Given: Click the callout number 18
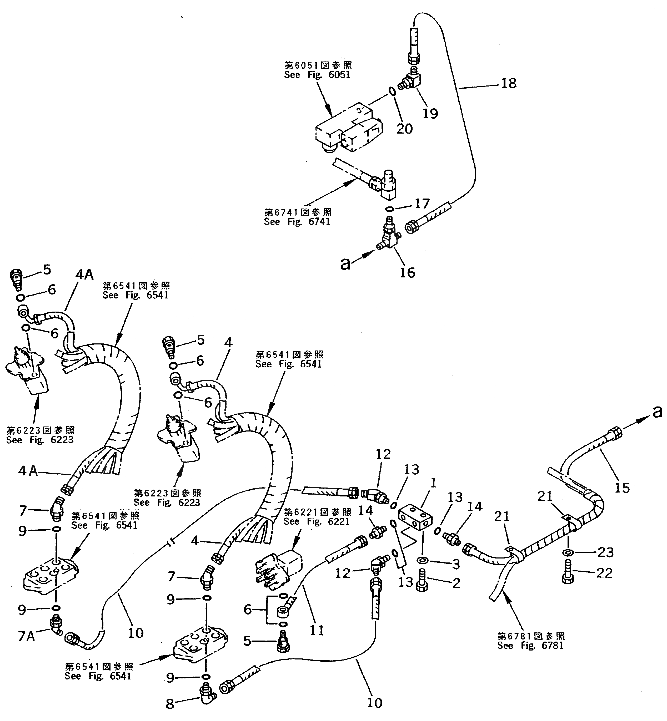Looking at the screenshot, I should pyautogui.click(x=509, y=83).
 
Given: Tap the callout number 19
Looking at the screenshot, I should pyautogui.click(x=430, y=113).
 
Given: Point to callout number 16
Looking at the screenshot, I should pyautogui.click(x=408, y=272).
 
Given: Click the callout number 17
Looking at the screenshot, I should pyautogui.click(x=422, y=204).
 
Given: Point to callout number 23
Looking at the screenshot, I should pyautogui.click(x=605, y=552).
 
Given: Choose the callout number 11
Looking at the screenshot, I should pyautogui.click(x=317, y=630).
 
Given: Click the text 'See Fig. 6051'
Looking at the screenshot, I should pyautogui.click(x=317, y=75).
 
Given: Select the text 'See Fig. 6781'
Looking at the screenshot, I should pyautogui.click(x=530, y=645).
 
